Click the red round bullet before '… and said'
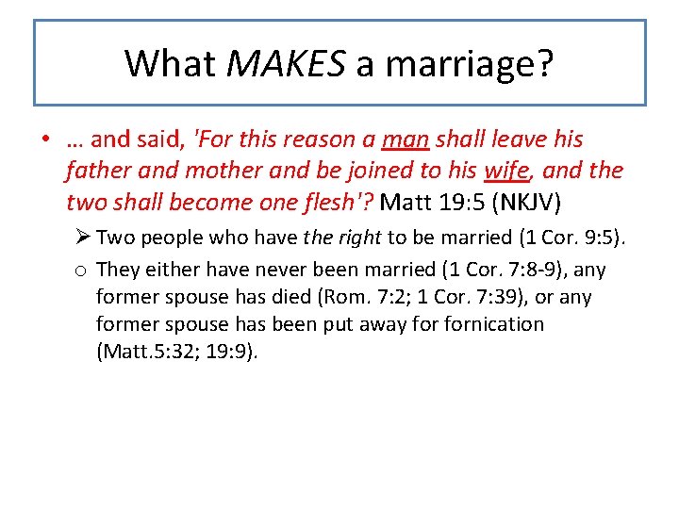coord(45,140)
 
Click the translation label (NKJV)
coord(519,202)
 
